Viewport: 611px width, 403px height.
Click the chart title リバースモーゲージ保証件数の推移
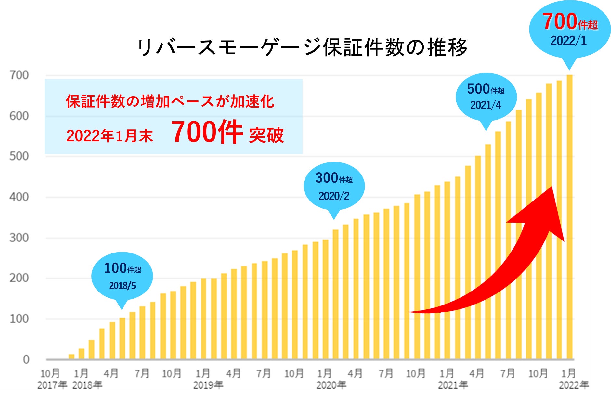(x=302, y=47)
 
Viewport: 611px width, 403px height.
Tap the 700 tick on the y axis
(x=19, y=75)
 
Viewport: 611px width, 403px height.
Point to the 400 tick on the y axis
(x=19, y=197)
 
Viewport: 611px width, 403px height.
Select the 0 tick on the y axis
(x=26, y=359)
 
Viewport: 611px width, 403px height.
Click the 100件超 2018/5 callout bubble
(x=122, y=276)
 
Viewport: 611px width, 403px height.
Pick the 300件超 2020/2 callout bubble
(x=334, y=186)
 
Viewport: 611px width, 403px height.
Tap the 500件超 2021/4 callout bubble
(x=486, y=97)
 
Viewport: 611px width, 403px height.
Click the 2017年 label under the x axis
(x=52, y=385)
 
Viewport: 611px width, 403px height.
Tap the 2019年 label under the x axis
(x=208, y=385)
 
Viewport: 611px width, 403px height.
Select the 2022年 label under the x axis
(x=574, y=385)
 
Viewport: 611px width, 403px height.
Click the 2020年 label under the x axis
(x=331, y=385)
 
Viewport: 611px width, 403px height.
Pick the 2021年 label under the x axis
(x=453, y=385)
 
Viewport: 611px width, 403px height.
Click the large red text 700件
(x=207, y=132)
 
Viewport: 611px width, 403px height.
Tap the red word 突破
(x=266, y=135)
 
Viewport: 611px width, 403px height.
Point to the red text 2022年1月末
(x=110, y=136)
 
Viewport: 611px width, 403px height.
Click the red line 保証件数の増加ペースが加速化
(x=170, y=101)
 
